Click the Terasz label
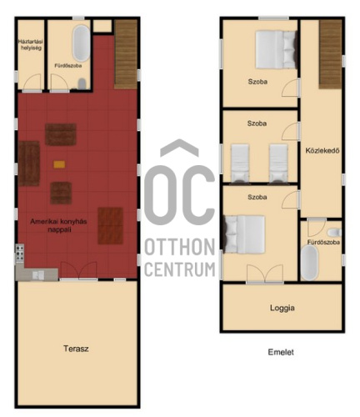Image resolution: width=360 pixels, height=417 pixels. click(x=76, y=349)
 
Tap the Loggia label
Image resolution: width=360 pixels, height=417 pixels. click(x=282, y=308)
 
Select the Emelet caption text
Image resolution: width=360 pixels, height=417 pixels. click(x=281, y=352)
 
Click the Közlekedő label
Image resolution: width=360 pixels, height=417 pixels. click(x=322, y=150)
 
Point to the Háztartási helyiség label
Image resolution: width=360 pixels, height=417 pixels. click(x=30, y=45)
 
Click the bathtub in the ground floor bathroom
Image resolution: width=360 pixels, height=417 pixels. click(x=82, y=43)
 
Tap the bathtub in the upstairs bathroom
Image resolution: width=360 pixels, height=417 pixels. click(x=310, y=263)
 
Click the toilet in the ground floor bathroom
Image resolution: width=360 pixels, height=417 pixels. click(x=82, y=83)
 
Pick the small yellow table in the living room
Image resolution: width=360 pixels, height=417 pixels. click(x=59, y=164)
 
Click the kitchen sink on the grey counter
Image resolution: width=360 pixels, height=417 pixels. click(x=38, y=274)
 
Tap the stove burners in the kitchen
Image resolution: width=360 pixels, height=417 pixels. click(x=20, y=253)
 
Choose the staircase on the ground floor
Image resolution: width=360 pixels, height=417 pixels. click(x=126, y=54)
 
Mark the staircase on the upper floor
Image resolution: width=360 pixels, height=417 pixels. click(x=330, y=54)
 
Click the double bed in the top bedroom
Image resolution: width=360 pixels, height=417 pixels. click(x=277, y=50)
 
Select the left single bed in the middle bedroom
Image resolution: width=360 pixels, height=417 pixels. click(x=240, y=163)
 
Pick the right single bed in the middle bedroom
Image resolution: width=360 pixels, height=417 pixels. click(x=278, y=163)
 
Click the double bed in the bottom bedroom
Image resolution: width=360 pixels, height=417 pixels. click(x=244, y=234)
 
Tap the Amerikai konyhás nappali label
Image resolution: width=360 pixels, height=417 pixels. click(x=58, y=225)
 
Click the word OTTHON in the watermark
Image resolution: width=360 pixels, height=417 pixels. click(x=180, y=247)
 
